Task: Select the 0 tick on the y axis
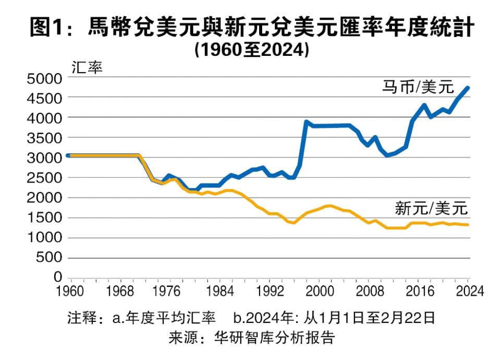point(57,277)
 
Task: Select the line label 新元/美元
point(432,210)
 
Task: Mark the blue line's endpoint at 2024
point(468,88)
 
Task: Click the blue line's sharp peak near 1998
point(306,122)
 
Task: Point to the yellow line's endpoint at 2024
point(468,225)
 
